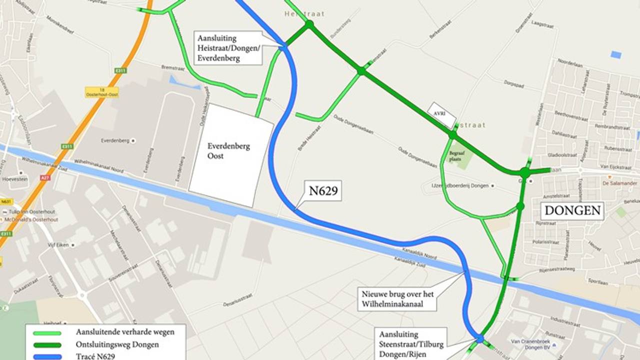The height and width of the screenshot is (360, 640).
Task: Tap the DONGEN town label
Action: click(572, 210)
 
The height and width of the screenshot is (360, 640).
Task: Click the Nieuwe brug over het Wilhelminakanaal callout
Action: click(397, 299)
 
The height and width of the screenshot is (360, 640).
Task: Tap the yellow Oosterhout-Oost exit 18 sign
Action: click(101, 92)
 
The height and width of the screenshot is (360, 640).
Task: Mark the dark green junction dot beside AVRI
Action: click(452, 134)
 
